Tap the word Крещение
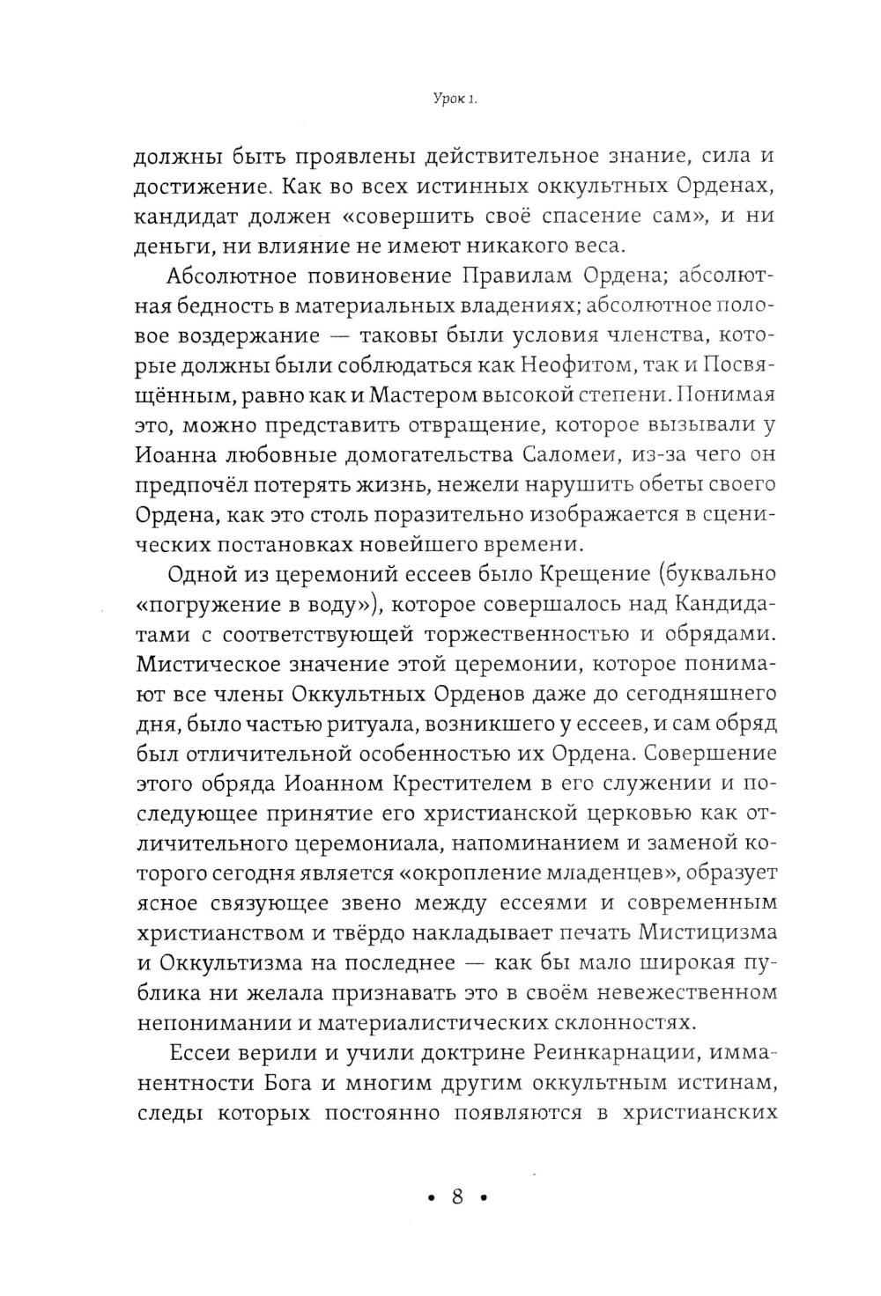click(x=564, y=575)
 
